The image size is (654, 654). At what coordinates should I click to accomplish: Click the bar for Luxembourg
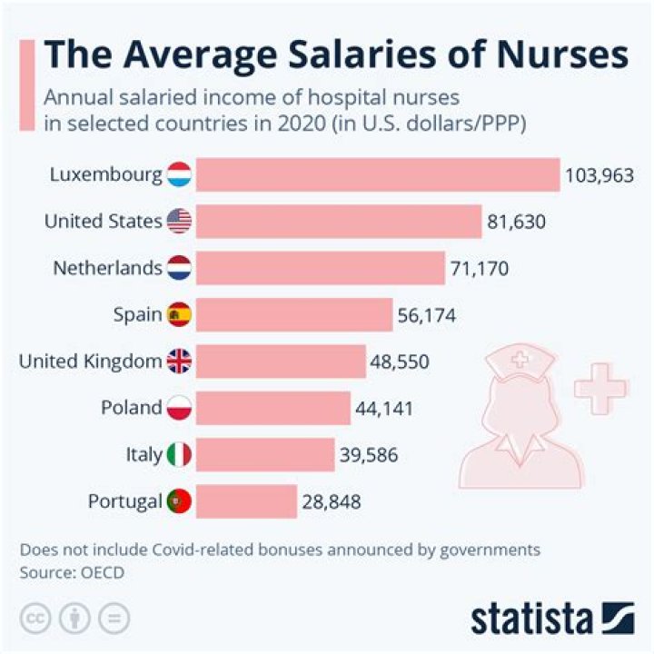click(x=377, y=174)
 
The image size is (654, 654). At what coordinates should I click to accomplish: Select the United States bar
click(x=338, y=221)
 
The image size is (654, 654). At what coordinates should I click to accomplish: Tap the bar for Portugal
click(x=246, y=500)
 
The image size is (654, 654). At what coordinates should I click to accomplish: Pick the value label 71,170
click(x=480, y=268)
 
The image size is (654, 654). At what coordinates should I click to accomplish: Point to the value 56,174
click(x=426, y=315)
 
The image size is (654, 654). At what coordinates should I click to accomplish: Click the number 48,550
click(x=400, y=362)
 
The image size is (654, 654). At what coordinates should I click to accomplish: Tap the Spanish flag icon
click(x=179, y=315)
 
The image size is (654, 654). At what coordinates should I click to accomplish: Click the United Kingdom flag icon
click(x=179, y=362)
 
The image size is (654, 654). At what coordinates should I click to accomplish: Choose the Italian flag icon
click(x=179, y=454)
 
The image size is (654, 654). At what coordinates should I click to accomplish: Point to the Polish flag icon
click(x=179, y=408)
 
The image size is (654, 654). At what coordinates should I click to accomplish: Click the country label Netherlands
click(x=107, y=268)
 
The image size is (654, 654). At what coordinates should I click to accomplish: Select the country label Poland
click(x=132, y=408)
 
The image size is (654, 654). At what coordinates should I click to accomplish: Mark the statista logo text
click(x=530, y=619)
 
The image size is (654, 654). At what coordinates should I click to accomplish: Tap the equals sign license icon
click(x=114, y=618)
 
